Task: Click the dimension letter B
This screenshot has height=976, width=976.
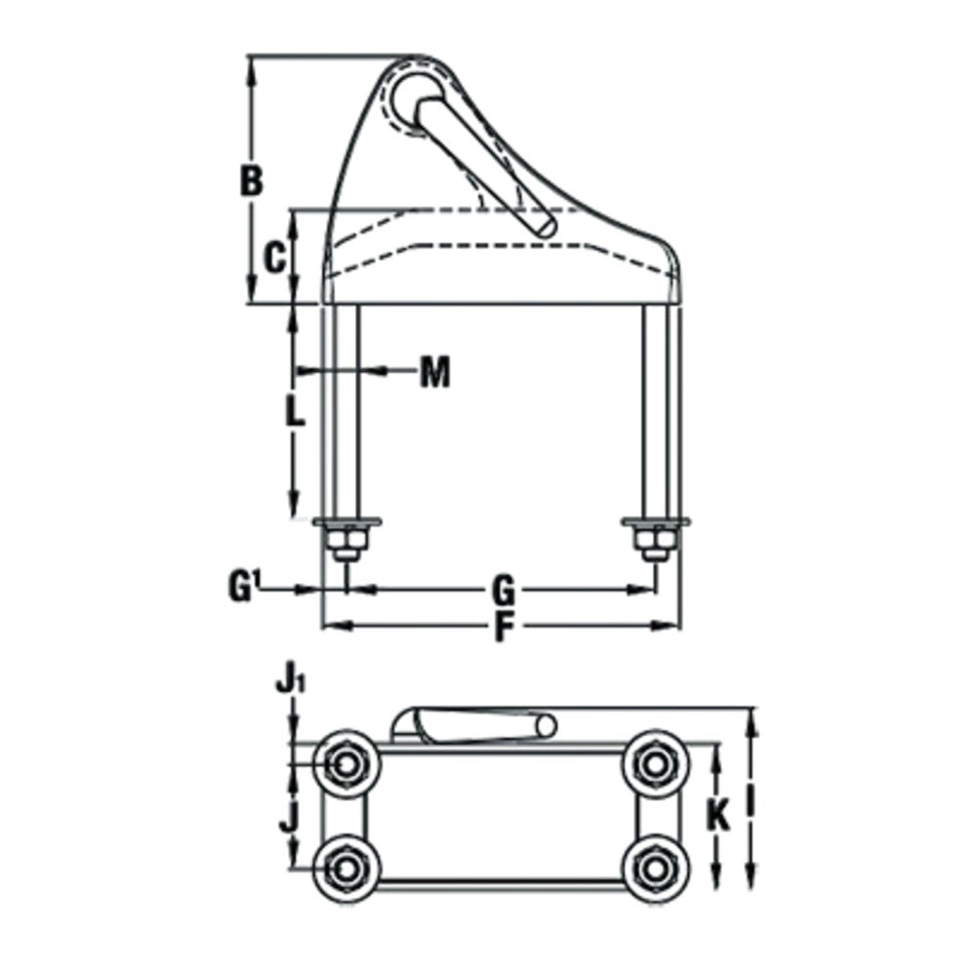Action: click(252, 182)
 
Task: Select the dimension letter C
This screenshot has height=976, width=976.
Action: click(274, 258)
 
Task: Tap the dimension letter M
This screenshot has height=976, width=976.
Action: click(434, 372)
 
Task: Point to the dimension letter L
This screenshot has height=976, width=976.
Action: click(295, 411)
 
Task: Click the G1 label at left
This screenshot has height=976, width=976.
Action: click(243, 587)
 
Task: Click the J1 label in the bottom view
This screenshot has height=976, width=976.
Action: click(291, 683)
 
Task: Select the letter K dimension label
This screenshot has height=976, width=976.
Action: click(718, 815)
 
